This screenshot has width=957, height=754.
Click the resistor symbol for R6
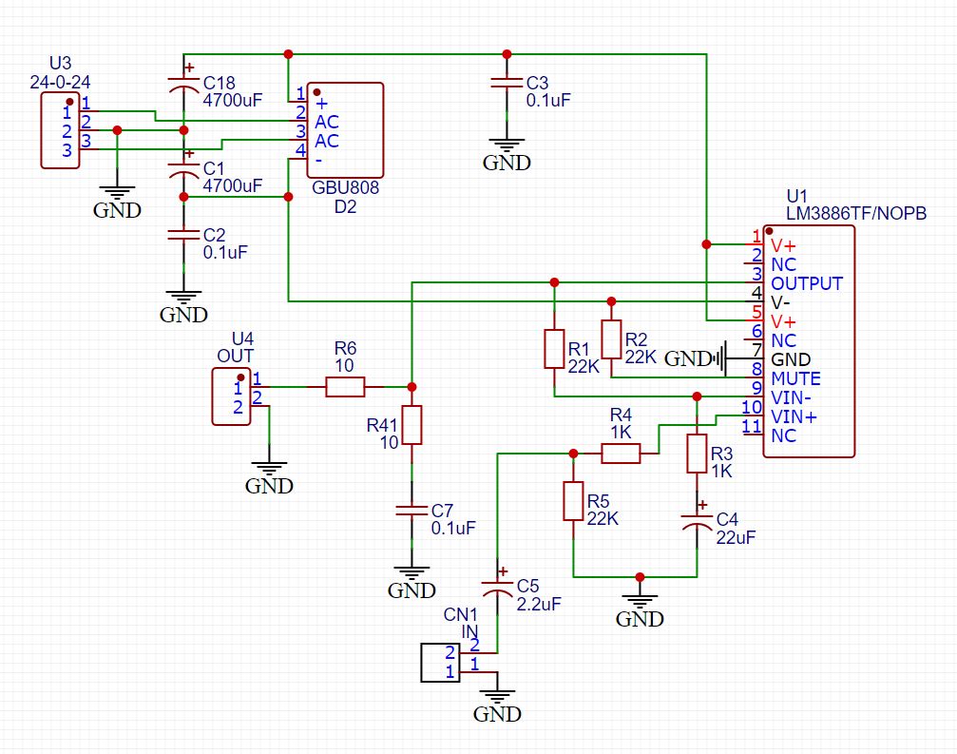(345, 387)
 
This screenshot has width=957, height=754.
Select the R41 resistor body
(412, 425)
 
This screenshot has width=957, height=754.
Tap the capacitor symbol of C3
(507, 84)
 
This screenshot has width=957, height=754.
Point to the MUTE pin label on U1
(795, 378)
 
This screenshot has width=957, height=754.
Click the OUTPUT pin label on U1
(806, 283)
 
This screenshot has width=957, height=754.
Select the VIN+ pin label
(794, 416)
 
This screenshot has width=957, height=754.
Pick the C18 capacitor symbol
(183, 87)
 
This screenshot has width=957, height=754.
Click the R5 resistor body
(573, 501)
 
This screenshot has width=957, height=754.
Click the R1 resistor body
(554, 349)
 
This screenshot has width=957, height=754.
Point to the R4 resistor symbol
(621, 454)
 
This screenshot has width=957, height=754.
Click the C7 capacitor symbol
(412, 512)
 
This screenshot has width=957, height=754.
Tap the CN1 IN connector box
(440, 663)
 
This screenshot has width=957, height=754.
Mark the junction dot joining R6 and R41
(412, 387)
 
